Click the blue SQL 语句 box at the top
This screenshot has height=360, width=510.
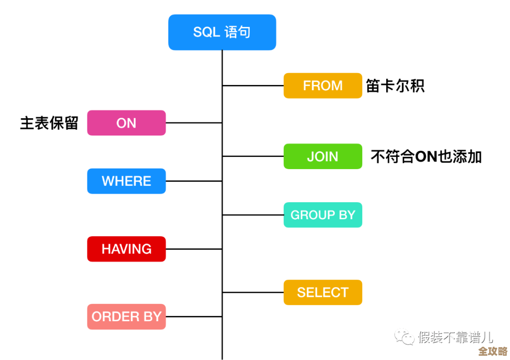click(x=222, y=32)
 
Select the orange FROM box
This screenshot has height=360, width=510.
click(x=323, y=86)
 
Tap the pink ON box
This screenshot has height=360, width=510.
click(x=126, y=123)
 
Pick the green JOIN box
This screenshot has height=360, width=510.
click(x=323, y=156)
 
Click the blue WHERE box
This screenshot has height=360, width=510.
click(x=126, y=181)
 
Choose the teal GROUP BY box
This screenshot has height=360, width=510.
click(x=323, y=215)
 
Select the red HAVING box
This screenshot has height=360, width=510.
click(x=126, y=249)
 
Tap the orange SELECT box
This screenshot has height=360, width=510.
click(x=323, y=292)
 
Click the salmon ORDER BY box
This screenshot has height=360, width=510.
click(x=126, y=317)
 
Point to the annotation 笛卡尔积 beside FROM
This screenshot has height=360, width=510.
click(x=395, y=86)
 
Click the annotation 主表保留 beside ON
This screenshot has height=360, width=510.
click(x=49, y=123)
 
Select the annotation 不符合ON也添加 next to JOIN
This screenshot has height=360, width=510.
click(x=426, y=156)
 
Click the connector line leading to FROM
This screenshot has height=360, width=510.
click(x=253, y=86)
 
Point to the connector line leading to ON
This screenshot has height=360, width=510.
click(x=194, y=123)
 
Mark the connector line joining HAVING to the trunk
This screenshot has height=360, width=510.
click(x=194, y=249)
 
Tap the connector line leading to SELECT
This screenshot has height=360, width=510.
click(x=253, y=292)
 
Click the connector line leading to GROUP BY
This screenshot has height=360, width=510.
click(x=253, y=215)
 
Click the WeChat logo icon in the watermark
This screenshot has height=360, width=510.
click(x=405, y=337)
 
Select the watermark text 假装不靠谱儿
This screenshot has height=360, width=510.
click(x=455, y=337)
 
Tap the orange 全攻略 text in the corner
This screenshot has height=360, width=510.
click(x=493, y=351)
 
